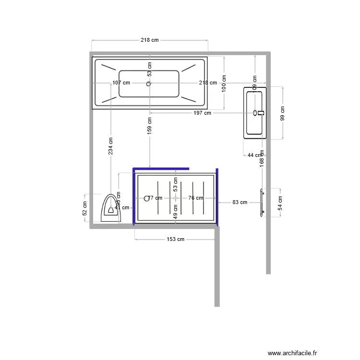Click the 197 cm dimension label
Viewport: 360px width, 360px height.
tap(202, 113)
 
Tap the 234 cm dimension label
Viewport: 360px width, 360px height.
tap(111, 146)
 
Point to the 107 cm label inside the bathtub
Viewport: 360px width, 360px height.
tap(121, 83)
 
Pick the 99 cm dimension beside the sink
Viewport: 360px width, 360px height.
tap(283, 113)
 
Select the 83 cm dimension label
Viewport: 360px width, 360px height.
tap(240, 203)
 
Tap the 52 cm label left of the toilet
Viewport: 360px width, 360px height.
tap(85, 208)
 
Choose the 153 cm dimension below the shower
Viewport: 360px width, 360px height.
tap(175, 239)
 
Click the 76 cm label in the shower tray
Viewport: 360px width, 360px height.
tap(195, 198)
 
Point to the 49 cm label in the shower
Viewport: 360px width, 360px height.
tap(175, 212)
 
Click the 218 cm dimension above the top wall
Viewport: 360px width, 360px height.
tap(149, 40)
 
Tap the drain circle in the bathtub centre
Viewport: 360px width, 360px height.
tap(149, 84)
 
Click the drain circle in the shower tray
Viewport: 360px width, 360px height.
tap(147, 198)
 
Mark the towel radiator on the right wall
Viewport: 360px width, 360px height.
tap(262, 203)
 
